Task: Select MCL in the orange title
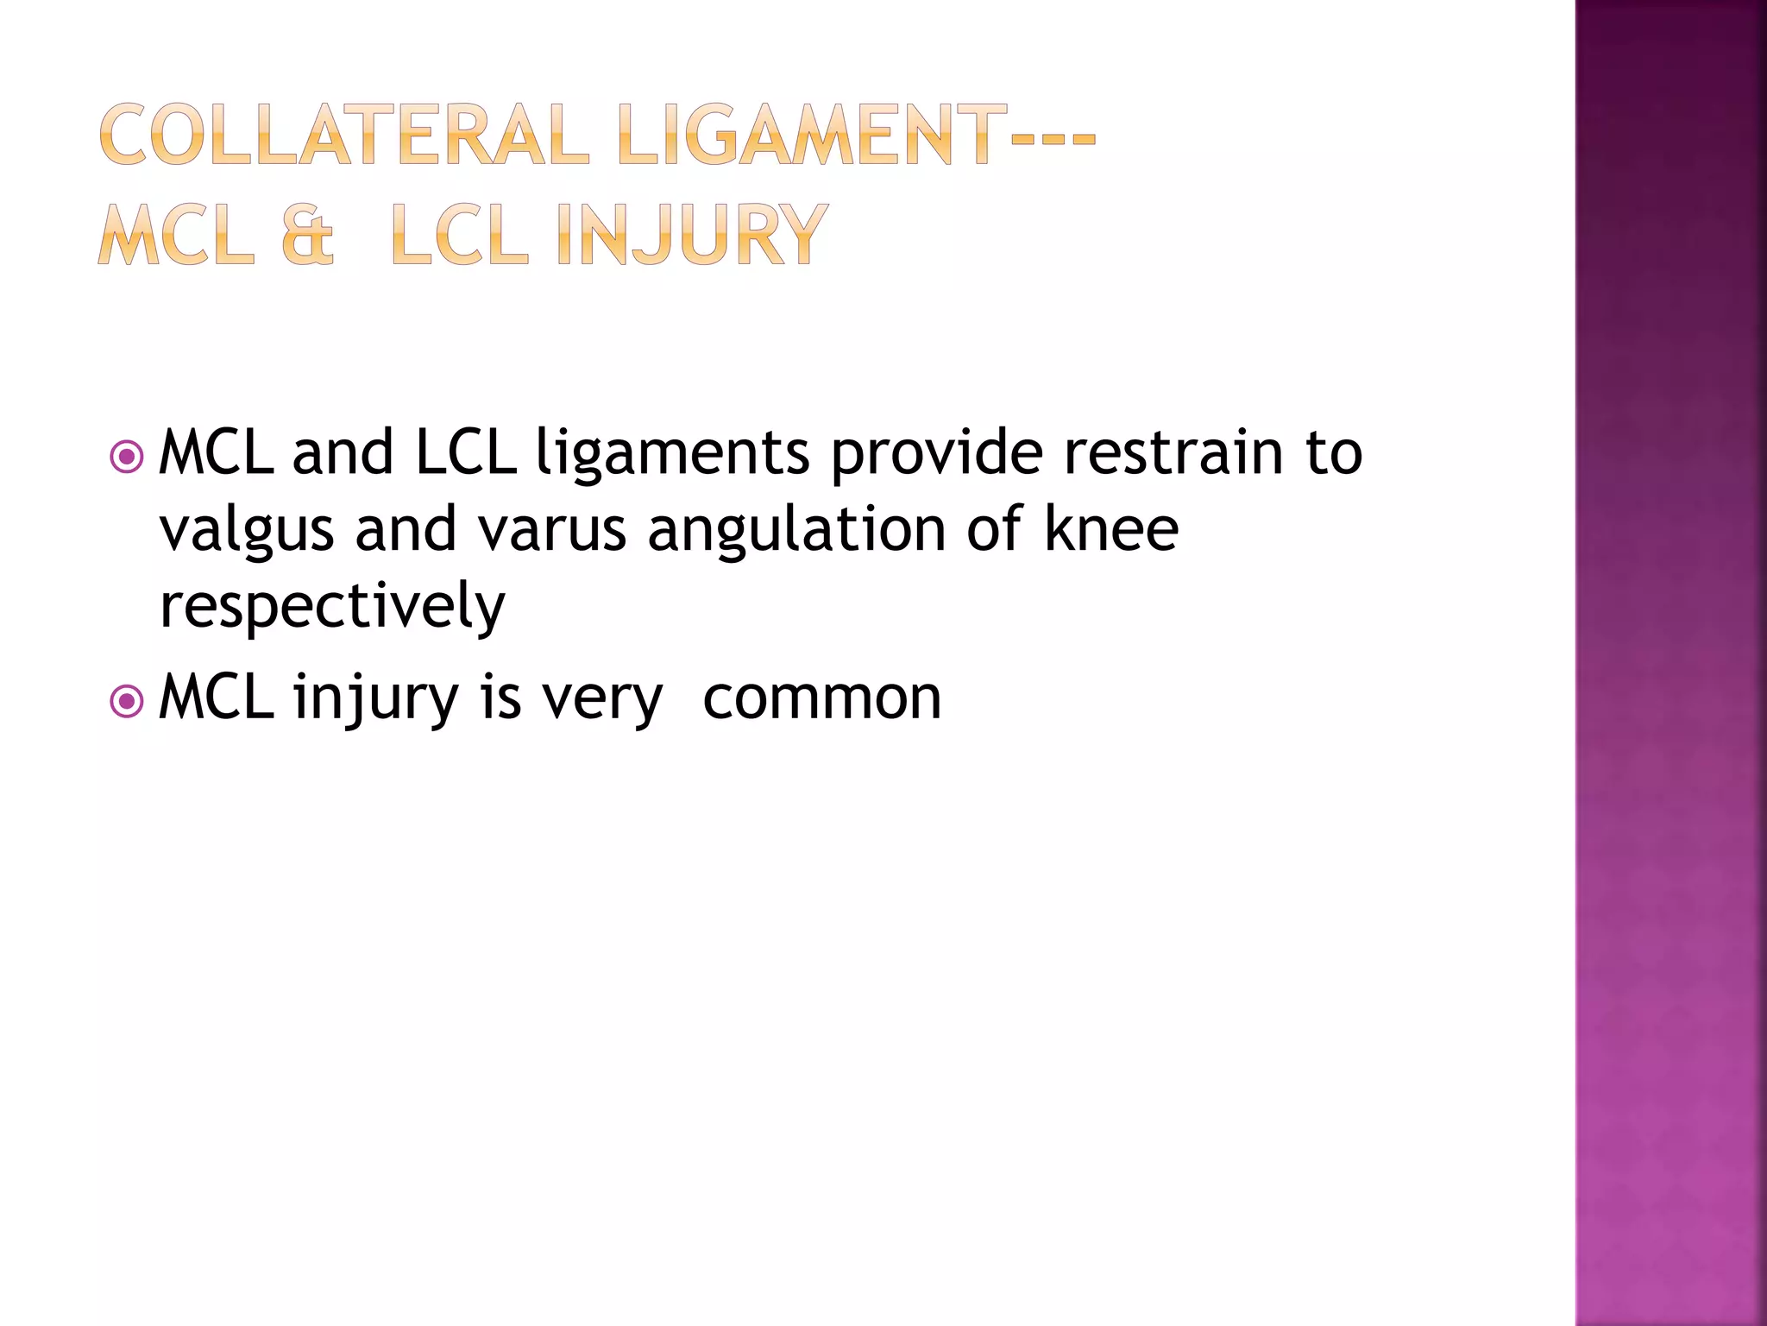[x=176, y=234]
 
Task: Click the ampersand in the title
[x=307, y=236]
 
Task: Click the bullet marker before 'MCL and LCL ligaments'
[x=127, y=457]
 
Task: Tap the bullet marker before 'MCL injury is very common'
[x=127, y=701]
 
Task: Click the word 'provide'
[x=936, y=453]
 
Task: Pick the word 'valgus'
[x=247, y=531]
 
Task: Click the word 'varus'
[x=552, y=529]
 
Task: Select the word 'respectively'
[x=332, y=607]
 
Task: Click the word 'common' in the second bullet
[x=821, y=698]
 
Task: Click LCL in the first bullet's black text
[x=466, y=452]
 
